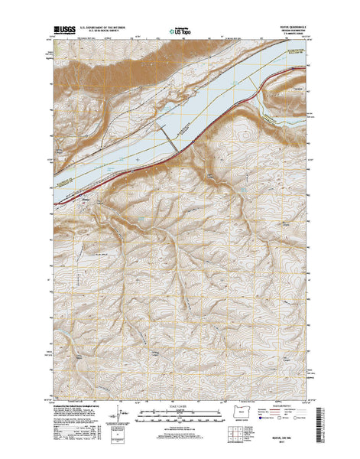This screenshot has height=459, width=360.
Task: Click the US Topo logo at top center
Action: [177, 25]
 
